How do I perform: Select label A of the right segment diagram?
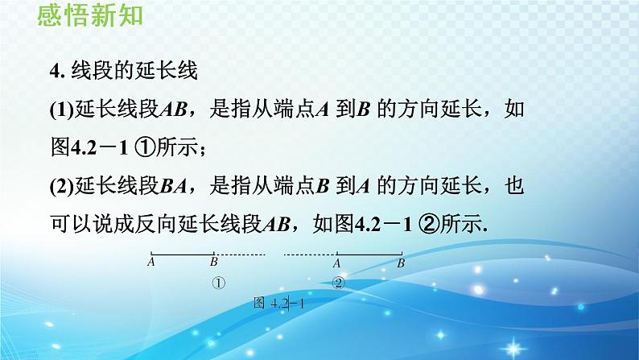337,263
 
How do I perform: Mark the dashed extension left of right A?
309,254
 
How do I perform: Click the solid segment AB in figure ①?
182,254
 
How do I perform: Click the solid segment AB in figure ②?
369,254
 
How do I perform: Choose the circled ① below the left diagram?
217,283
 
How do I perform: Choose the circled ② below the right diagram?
339,283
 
